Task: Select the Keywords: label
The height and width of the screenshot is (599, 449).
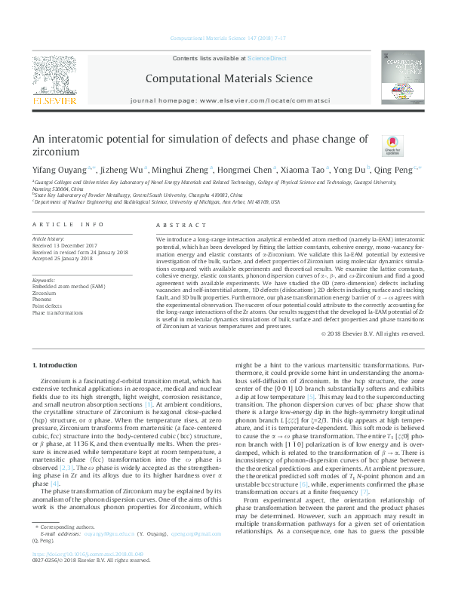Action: (44, 281)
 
